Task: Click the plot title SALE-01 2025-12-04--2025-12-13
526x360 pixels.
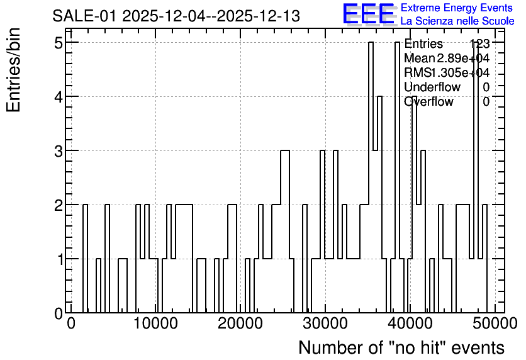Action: click(x=176, y=16)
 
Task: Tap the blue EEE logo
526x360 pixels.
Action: click(x=369, y=14)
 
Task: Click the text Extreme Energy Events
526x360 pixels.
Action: click(x=457, y=8)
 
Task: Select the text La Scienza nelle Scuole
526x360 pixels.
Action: click(x=457, y=21)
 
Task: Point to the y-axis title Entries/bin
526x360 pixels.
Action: click(x=14, y=70)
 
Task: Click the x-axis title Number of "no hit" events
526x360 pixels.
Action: click(x=401, y=347)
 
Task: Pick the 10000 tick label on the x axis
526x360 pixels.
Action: click(x=155, y=323)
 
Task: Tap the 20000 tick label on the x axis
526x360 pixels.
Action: click(x=240, y=323)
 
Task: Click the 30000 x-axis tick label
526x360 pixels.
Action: click(x=325, y=323)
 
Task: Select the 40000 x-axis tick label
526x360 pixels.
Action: click(x=410, y=323)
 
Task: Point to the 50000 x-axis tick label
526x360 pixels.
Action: click(x=495, y=323)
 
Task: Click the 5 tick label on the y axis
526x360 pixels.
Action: click(x=59, y=43)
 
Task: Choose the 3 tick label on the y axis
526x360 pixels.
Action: click(x=59, y=151)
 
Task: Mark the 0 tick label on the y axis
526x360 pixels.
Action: click(x=59, y=313)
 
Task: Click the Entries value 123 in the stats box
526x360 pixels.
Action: click(x=480, y=43)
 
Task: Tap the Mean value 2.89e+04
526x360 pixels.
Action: click(x=463, y=58)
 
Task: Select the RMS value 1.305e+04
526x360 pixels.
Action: click(x=459, y=72)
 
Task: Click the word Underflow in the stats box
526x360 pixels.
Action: click(x=432, y=87)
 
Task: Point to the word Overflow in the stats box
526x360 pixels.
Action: click(x=428, y=101)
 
